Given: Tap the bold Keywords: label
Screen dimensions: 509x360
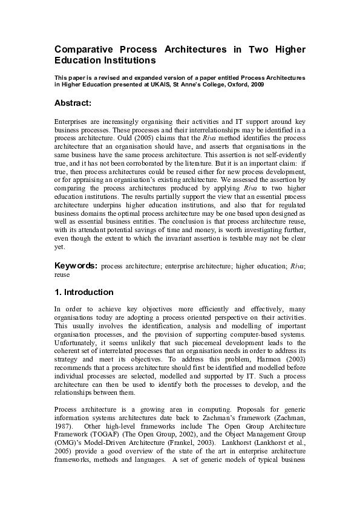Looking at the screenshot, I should tap(76, 265).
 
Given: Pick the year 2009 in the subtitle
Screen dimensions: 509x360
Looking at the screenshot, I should tap(256, 85).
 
